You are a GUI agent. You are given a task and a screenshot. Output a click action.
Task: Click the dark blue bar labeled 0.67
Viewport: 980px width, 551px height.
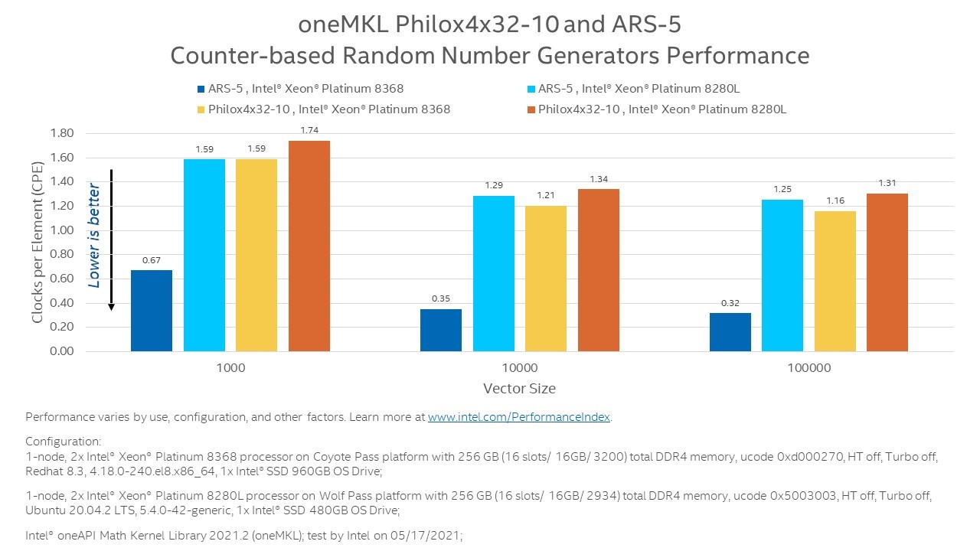pos(152,311)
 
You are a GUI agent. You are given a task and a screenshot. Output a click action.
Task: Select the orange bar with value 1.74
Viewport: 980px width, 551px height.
pos(309,246)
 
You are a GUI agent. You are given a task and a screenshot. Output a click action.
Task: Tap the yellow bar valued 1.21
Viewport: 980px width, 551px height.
pos(546,279)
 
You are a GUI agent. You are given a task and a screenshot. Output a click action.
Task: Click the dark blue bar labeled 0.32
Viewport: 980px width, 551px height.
pos(730,332)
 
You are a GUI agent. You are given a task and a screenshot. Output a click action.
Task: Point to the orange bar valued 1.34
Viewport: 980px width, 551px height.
pos(599,270)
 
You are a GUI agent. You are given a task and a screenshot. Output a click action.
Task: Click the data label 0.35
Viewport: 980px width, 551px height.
pos(441,298)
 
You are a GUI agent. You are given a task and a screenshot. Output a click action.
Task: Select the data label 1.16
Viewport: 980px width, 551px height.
pos(835,201)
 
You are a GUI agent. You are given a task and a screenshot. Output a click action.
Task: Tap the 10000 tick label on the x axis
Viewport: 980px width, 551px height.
pos(520,368)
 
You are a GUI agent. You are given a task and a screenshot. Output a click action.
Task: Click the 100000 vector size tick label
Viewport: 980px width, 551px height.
pos(809,368)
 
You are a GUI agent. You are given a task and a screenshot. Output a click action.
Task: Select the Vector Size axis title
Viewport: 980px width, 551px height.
pos(519,389)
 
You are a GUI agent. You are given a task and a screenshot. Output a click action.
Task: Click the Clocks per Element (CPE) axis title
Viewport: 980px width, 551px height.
pos(38,242)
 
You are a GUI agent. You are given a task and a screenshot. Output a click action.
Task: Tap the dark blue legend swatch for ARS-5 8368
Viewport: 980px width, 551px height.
pos(201,89)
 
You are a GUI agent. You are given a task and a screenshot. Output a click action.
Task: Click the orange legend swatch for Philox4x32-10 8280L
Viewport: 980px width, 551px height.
pos(531,109)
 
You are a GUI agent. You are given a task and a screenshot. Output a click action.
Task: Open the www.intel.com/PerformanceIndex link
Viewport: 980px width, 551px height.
pos(519,418)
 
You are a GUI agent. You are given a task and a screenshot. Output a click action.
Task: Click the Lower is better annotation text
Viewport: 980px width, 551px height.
pos(94,235)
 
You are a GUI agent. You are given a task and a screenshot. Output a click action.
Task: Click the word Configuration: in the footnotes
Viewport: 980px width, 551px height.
pos(64,442)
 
